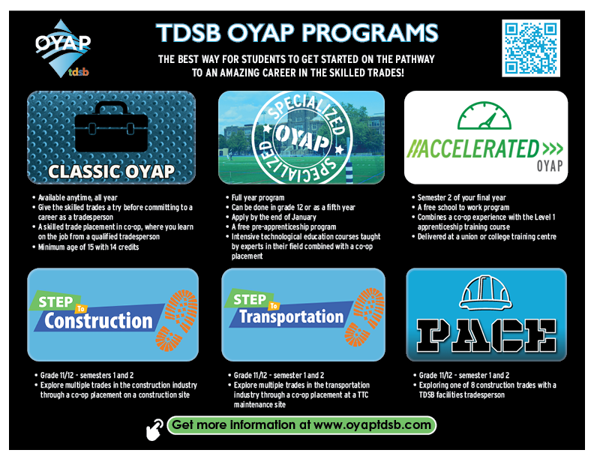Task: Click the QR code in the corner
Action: point(531,48)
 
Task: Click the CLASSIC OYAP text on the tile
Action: point(111,171)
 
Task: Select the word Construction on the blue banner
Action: point(97,321)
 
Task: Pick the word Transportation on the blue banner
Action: point(292,316)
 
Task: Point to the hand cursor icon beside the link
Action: point(154,427)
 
